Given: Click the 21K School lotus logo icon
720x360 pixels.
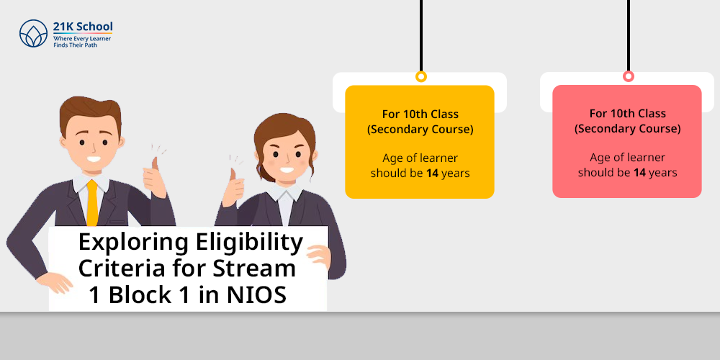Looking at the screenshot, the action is click(x=34, y=33).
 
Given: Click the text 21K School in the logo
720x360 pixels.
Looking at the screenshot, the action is click(x=83, y=27).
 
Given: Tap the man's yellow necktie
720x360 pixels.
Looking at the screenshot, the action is click(x=92, y=202).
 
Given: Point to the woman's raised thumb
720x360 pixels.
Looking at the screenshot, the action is click(x=233, y=174).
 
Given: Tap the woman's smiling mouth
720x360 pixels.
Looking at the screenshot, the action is click(x=287, y=170).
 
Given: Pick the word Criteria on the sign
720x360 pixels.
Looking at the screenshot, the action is click(x=119, y=268).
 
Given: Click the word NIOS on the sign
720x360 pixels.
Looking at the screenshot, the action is click(x=257, y=295).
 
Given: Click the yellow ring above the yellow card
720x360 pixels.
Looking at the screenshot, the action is click(x=421, y=77).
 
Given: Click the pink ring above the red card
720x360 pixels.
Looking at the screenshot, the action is click(x=628, y=77).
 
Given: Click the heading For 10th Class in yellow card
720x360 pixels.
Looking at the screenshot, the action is click(x=420, y=114).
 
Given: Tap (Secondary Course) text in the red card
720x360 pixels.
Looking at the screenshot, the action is click(x=627, y=129).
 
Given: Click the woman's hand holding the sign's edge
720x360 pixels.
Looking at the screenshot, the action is click(x=319, y=257).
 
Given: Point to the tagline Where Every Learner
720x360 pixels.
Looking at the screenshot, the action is click(x=82, y=40).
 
